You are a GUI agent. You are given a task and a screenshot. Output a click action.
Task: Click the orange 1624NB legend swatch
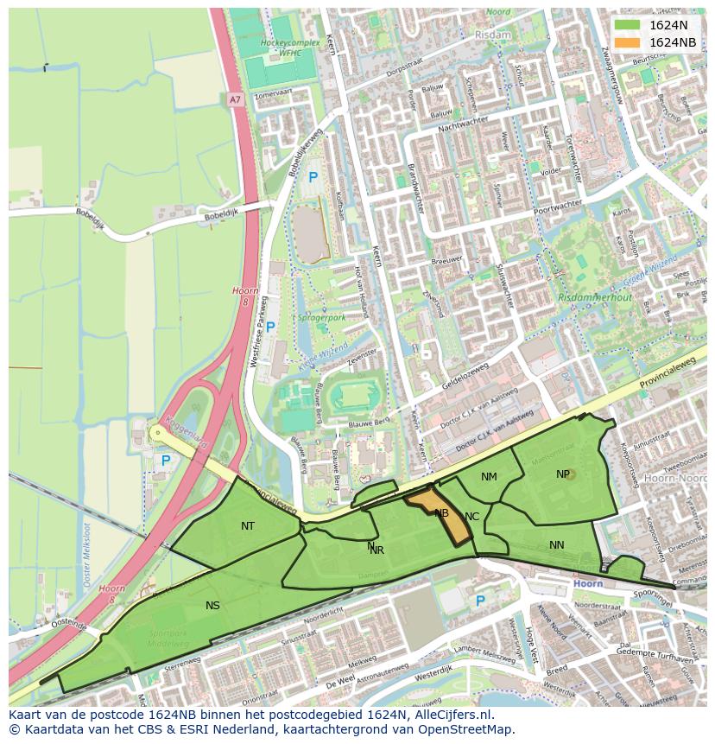(628, 42)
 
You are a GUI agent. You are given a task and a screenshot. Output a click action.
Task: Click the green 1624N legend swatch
(628, 26)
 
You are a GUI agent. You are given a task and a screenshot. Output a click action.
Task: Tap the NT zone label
(248, 525)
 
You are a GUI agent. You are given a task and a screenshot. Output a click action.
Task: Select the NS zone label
(212, 605)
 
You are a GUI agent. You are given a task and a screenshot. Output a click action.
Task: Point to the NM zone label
(489, 477)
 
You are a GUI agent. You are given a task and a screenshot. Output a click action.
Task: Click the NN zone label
(556, 544)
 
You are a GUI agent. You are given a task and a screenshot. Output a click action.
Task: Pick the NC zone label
(471, 517)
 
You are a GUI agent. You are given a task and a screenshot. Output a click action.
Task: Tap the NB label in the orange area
(441, 513)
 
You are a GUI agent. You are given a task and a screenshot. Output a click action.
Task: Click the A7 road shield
(235, 100)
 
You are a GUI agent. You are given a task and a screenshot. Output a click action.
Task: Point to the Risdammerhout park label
(595, 297)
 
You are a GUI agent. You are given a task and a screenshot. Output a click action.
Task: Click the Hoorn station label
(587, 584)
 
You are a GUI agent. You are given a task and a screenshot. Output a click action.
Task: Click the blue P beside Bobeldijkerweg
(313, 177)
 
